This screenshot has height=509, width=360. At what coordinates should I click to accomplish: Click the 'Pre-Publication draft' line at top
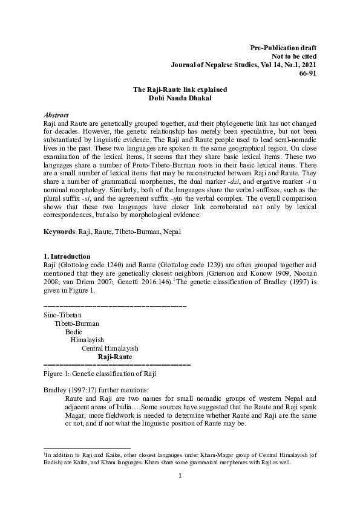click(x=283, y=47)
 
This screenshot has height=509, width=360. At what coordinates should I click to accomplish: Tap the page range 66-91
click(x=307, y=73)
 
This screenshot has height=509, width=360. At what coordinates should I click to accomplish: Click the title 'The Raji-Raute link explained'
click(x=180, y=89)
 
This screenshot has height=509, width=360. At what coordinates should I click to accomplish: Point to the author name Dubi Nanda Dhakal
click(x=180, y=98)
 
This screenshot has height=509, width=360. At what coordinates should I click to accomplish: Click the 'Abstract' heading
click(x=57, y=114)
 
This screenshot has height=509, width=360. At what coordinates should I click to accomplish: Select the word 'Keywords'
click(x=59, y=232)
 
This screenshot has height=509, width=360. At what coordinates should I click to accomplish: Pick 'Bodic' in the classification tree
click(x=74, y=332)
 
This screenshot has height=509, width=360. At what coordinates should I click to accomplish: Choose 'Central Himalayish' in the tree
click(x=110, y=349)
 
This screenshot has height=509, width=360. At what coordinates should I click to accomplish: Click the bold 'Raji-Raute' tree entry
click(x=115, y=357)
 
